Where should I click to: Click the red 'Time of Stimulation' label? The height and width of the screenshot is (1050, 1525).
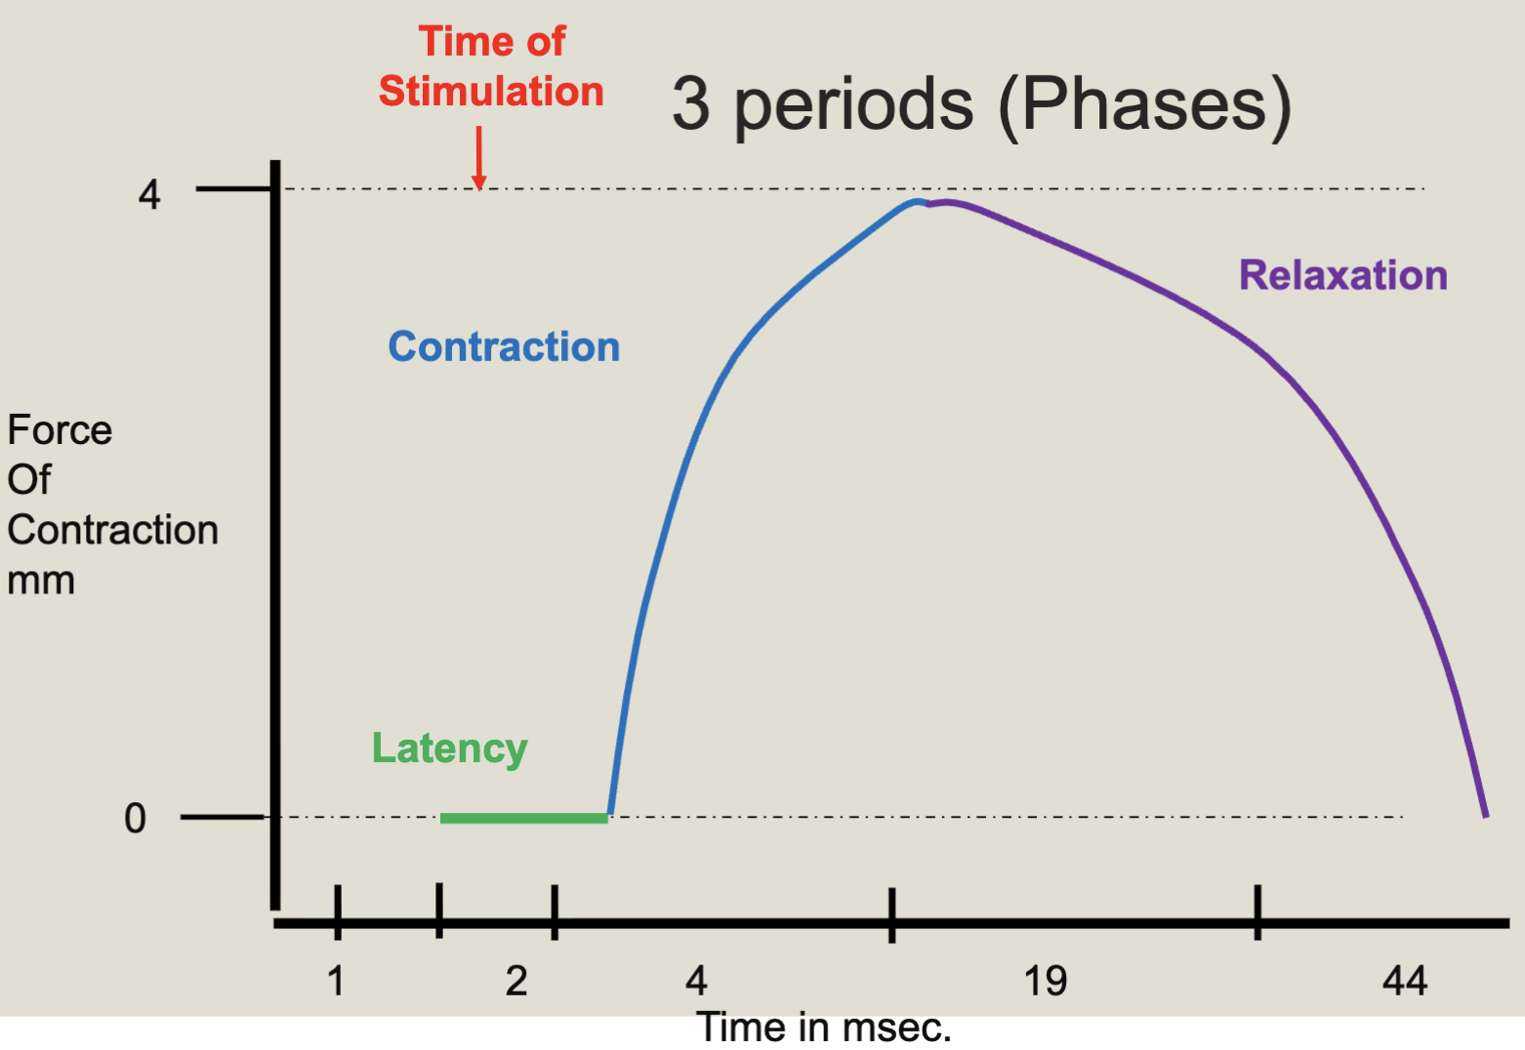pyautogui.click(x=491, y=66)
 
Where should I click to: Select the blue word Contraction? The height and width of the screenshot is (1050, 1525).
pyautogui.click(x=504, y=346)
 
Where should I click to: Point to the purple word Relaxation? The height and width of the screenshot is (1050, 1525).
pyautogui.click(x=1342, y=275)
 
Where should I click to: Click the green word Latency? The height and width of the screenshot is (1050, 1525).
pyautogui.click(x=449, y=748)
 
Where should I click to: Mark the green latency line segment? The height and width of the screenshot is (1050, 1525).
pyautogui.click(x=523, y=818)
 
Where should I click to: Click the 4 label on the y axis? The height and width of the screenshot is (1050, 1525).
pyautogui.click(x=148, y=194)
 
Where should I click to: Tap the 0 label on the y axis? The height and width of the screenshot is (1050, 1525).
pyautogui.click(x=135, y=818)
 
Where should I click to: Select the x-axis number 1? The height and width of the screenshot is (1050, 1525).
pyautogui.click(x=336, y=981)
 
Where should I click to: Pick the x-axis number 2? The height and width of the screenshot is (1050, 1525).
pyautogui.click(x=516, y=981)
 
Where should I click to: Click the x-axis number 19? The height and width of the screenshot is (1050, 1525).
pyautogui.click(x=1045, y=981)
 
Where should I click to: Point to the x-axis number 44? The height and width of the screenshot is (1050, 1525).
pyautogui.click(x=1404, y=981)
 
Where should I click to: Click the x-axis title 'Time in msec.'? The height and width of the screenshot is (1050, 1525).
pyautogui.click(x=823, y=1028)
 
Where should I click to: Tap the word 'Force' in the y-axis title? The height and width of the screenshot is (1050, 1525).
pyautogui.click(x=60, y=430)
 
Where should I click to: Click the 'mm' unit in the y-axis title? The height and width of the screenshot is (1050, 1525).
pyautogui.click(x=41, y=581)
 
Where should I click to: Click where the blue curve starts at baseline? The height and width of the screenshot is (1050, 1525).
pyautogui.click(x=610, y=814)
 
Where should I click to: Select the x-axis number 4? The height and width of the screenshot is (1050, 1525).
pyautogui.click(x=696, y=981)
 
